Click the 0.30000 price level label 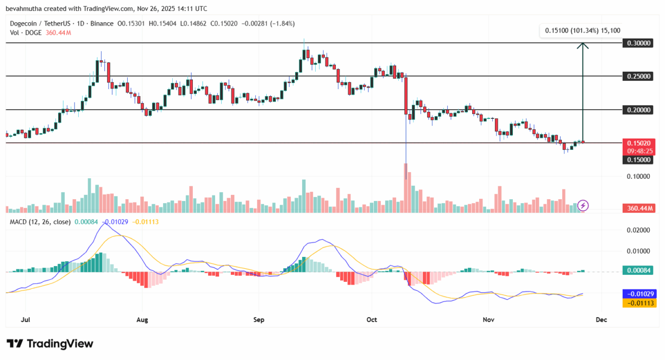[639, 43]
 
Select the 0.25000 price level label [639, 76]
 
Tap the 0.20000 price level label [639, 110]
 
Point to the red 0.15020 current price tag [639, 143]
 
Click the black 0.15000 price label [639, 160]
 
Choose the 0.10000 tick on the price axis [639, 176]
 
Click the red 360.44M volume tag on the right [639, 208]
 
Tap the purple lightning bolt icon [583, 205]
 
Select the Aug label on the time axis [142, 320]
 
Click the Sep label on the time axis [259, 320]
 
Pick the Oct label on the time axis [372, 320]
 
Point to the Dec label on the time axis [600, 320]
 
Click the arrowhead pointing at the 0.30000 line [583, 46]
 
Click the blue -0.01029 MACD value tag [639, 293]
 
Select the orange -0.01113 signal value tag [639, 303]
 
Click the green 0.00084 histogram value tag [639, 270]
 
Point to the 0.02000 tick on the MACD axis [639, 230]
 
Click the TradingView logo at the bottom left [50, 344]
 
